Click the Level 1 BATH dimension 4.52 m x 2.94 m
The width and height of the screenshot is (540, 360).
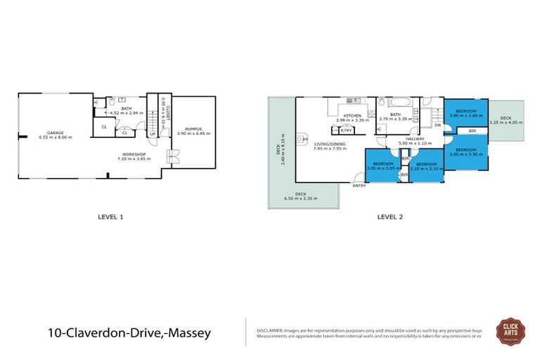127,112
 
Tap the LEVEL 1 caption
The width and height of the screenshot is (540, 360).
110,217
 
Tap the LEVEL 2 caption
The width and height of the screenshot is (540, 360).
390,217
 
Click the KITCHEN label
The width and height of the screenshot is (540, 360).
352,115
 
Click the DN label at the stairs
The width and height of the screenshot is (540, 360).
437,126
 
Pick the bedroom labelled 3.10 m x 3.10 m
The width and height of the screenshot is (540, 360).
425,167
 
